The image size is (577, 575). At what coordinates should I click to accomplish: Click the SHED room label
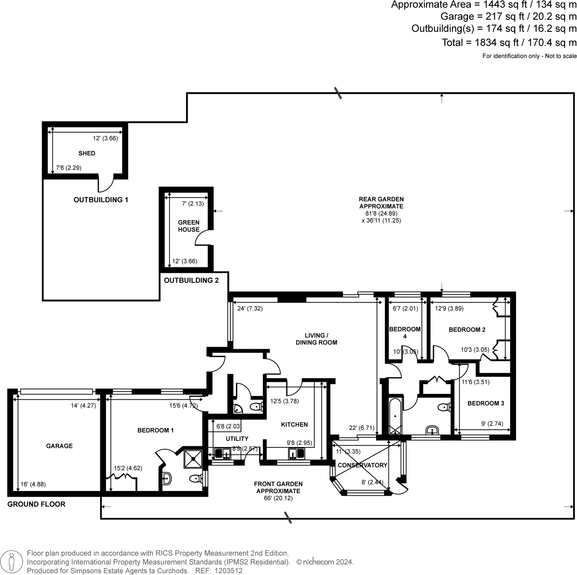(x=86, y=153)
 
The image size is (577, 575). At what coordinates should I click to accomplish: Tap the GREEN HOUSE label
(x=189, y=226)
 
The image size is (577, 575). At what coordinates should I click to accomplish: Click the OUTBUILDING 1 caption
(x=101, y=200)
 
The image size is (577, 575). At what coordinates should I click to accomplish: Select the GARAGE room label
(x=59, y=446)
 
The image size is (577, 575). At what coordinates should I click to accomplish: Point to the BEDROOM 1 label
(x=155, y=430)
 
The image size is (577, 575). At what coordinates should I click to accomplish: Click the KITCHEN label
(x=294, y=425)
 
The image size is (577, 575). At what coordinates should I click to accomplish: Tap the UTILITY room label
(x=237, y=439)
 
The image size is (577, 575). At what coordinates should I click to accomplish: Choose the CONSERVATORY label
(x=362, y=465)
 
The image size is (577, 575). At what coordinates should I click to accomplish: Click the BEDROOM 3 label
(x=485, y=403)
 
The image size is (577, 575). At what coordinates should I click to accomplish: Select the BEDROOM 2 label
(x=467, y=330)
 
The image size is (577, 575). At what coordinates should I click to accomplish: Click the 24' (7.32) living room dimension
(x=250, y=309)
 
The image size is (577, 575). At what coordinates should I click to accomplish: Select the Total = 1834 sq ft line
(x=509, y=43)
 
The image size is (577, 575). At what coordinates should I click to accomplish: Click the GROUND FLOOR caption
(x=36, y=504)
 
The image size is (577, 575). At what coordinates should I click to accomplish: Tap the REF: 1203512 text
(x=219, y=571)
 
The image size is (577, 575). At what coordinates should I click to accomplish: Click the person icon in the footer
(x=12, y=561)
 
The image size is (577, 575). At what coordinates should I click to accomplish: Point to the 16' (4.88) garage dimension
(x=33, y=484)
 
